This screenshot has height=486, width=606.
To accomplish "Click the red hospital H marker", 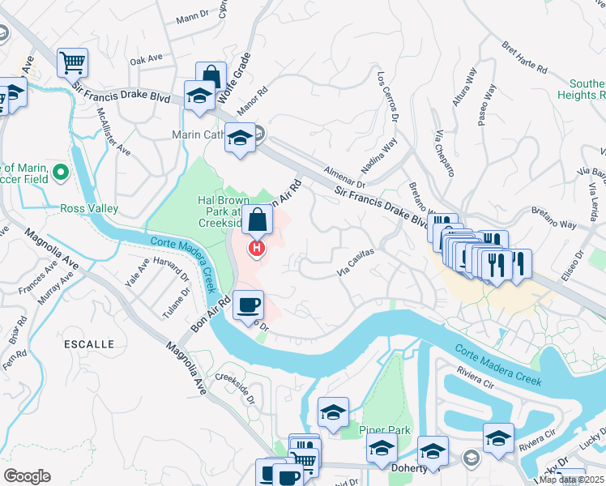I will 257,248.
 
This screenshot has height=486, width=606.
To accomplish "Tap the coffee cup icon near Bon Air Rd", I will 249,305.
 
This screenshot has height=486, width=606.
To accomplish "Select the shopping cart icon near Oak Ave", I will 72,62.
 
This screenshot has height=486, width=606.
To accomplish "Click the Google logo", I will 27,476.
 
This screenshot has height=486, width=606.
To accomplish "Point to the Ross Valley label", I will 89,208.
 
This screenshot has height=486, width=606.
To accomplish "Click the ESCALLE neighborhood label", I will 88,344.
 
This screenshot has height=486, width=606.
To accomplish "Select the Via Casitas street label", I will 355,264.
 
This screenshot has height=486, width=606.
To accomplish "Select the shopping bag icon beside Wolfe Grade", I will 211,75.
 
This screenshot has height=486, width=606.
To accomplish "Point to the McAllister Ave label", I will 114,131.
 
